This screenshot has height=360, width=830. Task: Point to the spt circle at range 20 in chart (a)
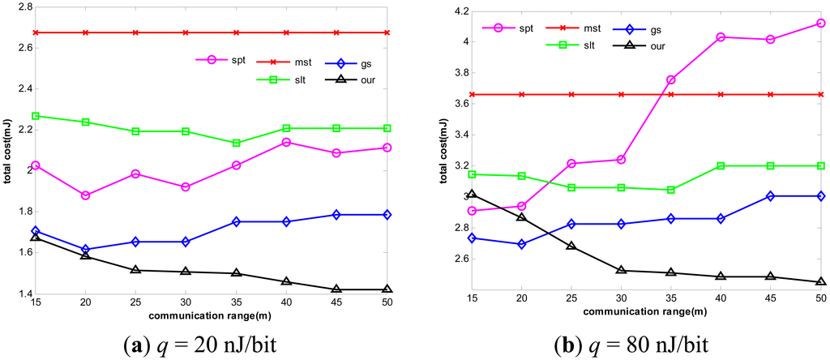point(86,195)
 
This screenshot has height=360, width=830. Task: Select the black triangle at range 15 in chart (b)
point(471,194)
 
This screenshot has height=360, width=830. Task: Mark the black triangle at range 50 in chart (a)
point(387,289)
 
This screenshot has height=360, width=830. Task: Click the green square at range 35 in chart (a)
point(236,143)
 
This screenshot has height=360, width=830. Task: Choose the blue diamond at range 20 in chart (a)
point(86,250)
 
